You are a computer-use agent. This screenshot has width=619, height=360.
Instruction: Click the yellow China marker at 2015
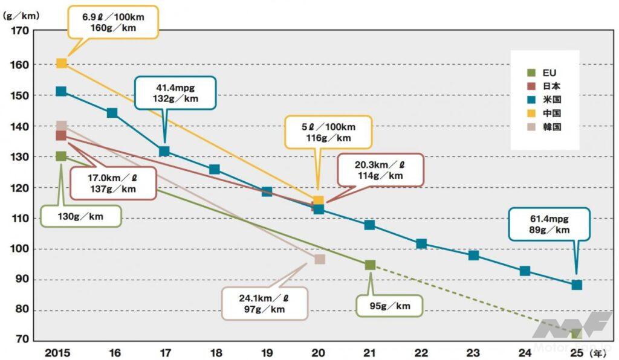61,63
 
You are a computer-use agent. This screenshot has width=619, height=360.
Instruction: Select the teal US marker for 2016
112,113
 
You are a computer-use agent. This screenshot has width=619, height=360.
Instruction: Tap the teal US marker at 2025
577,284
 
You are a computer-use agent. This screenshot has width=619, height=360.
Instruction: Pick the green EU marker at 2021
370,265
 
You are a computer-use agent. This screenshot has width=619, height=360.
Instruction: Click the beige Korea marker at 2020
320,259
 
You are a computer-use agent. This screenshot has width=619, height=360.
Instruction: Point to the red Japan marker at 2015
61,135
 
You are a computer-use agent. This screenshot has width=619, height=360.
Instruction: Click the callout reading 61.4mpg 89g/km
549,224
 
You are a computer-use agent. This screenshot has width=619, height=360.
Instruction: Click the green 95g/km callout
389,306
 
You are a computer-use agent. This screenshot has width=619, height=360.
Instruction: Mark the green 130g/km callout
80,216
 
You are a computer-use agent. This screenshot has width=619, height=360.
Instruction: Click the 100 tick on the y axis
19,249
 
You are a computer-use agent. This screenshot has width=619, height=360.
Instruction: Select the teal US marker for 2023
473,255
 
